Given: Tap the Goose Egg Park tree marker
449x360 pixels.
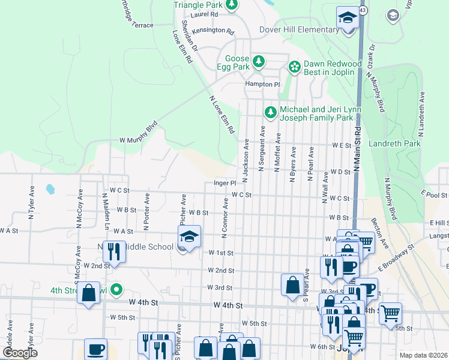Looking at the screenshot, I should tap(259, 62).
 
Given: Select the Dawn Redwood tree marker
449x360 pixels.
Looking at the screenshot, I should tap(294, 67).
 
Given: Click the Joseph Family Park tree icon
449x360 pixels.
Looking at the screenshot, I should tap(271, 112).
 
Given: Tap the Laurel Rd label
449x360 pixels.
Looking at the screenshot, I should tap(203, 14).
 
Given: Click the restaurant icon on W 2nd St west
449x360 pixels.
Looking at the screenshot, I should tap(113, 253).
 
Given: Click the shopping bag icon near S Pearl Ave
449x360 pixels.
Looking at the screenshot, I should tap(292, 286).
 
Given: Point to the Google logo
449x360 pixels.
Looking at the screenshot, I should tap(19, 353).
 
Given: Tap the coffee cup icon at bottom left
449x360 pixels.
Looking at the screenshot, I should tap(95, 349).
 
